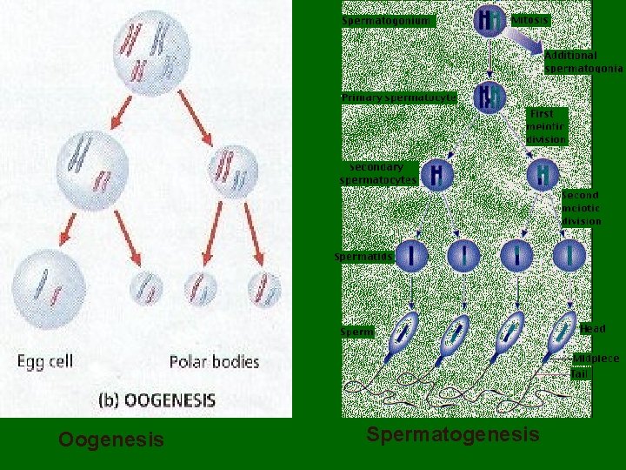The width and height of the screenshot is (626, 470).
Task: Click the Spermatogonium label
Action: pyautogui.click(x=386, y=20)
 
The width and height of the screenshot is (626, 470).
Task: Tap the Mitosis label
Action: pyautogui.click(x=530, y=19)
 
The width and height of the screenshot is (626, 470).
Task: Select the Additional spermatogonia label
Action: pyautogui.click(x=583, y=61)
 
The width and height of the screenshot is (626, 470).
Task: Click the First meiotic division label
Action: pyautogui.click(x=546, y=126)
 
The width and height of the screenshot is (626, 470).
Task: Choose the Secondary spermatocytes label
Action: pyautogui.click(x=377, y=173)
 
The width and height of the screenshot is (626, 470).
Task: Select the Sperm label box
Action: pyautogui.click(x=356, y=332)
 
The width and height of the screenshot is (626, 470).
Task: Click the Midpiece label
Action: pyautogui.click(x=596, y=359)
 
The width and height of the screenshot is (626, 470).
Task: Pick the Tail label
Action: pyautogui.click(x=578, y=375)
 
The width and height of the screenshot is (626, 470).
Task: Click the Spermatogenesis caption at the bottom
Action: pyautogui.click(x=452, y=435)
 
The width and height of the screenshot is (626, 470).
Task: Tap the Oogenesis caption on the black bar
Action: pyautogui.click(x=110, y=440)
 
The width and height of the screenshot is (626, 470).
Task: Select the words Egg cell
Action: pyautogui.click(x=47, y=361)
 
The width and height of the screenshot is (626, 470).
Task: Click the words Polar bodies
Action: pyautogui.click(x=214, y=361)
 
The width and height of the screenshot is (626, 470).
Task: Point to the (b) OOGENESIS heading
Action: pyautogui.click(x=157, y=400)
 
